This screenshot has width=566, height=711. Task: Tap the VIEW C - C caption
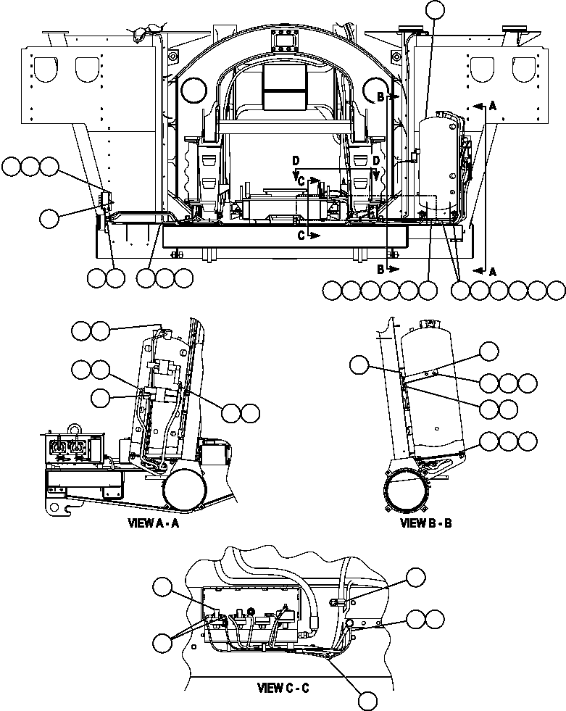283,687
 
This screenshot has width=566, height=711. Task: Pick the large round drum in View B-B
407,496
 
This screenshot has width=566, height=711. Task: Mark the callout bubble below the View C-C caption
368,700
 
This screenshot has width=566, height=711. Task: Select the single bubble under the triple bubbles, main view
49,217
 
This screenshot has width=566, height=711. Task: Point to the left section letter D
295,159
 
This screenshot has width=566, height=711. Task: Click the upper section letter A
494,106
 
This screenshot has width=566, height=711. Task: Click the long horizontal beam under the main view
312,235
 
